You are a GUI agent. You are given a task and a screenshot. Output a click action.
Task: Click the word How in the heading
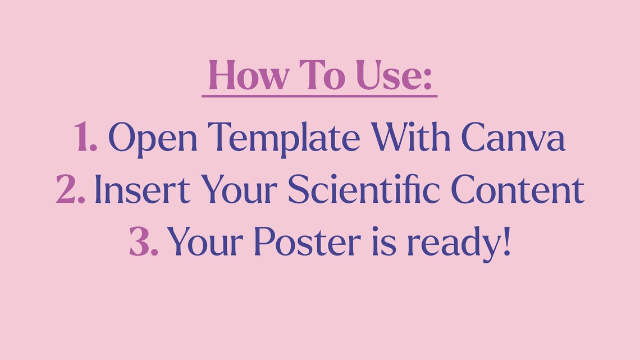243,76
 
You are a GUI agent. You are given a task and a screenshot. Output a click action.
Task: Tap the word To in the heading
318,76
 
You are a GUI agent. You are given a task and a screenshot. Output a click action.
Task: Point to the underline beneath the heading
319,96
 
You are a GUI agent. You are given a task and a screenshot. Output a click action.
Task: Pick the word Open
153,138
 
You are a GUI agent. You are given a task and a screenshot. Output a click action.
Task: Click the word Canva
513,137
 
